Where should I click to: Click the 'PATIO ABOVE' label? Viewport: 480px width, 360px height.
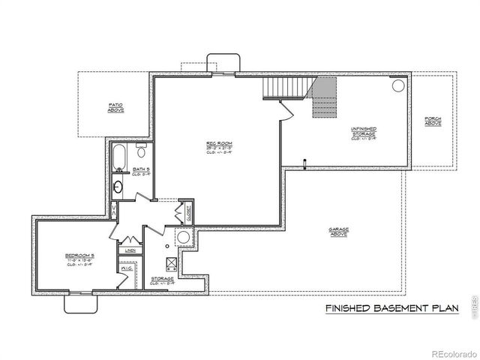[115, 107]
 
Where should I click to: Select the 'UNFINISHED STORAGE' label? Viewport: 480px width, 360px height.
[363, 132]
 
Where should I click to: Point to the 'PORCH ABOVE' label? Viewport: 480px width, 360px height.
[433, 120]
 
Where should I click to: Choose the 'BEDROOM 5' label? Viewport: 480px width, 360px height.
[77, 259]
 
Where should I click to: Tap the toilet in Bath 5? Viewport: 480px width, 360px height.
[142, 153]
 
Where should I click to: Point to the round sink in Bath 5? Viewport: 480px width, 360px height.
[119, 186]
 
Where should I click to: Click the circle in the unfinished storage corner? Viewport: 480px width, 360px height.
[397, 85]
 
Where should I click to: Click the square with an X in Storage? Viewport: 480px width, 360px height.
[170, 263]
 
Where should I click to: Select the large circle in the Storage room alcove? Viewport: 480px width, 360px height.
[183, 238]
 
